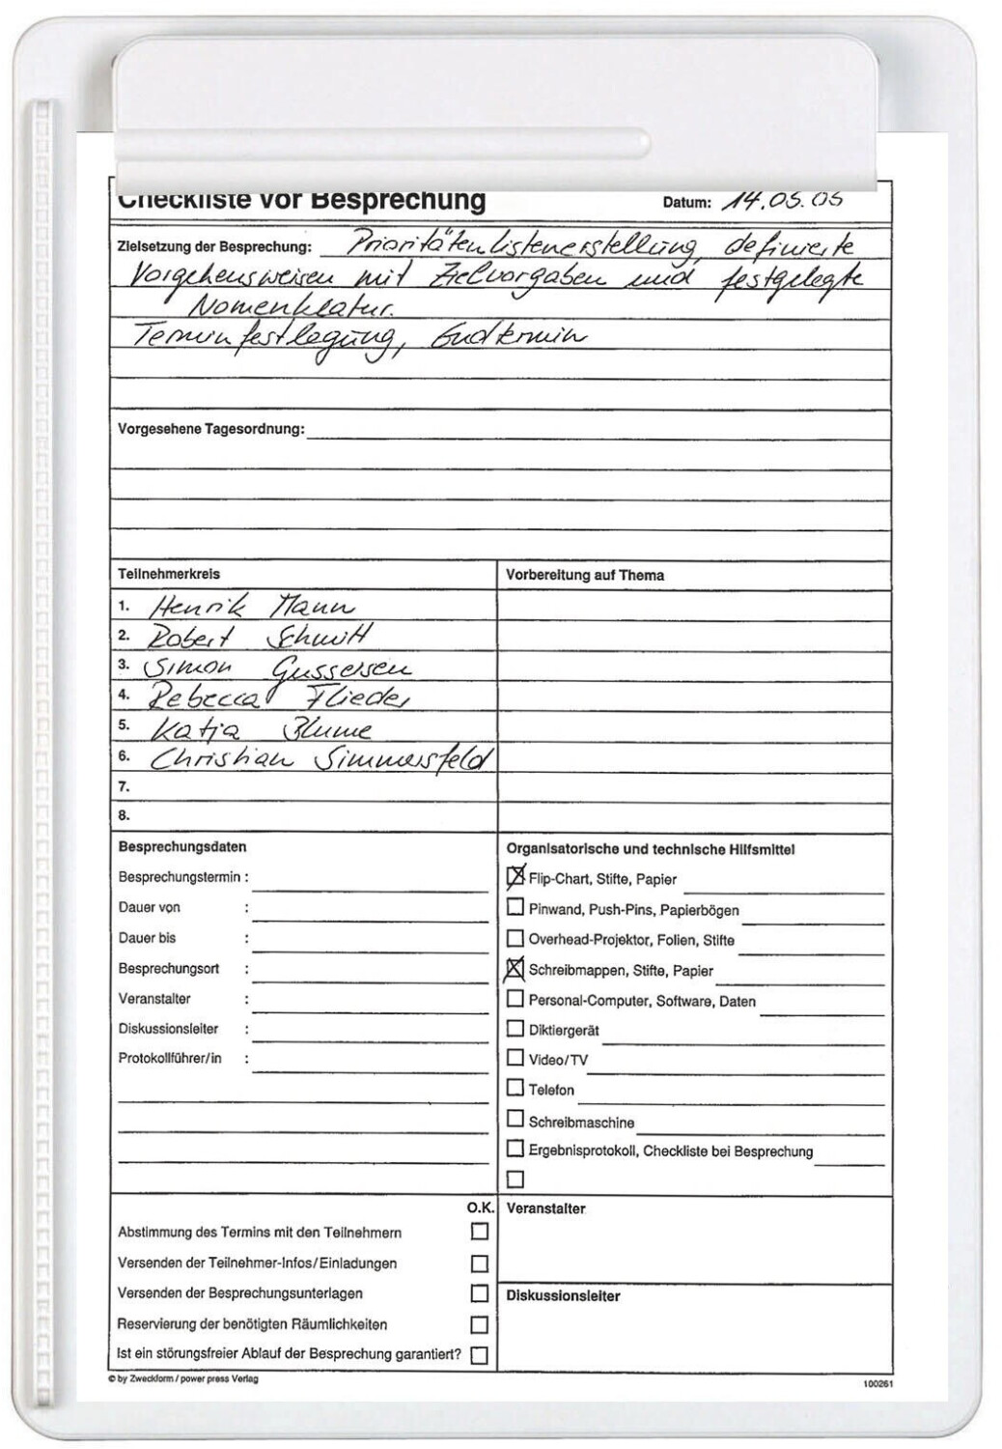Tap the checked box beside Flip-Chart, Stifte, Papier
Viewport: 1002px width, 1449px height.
[x=515, y=877]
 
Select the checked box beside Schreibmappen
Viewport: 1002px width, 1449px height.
[x=515, y=969]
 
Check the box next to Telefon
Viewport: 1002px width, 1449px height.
[x=515, y=1088]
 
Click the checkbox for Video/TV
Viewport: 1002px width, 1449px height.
[x=515, y=1058]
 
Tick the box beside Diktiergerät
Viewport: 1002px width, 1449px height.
[x=515, y=1029]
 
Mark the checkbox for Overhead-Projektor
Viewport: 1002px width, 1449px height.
[x=515, y=938]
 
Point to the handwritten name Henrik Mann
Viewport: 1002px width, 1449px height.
[x=251, y=607]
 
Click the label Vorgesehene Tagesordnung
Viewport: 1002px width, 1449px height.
[x=210, y=429]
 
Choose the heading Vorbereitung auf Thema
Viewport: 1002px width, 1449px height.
[x=585, y=575]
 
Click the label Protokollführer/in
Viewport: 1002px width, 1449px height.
[x=170, y=1058]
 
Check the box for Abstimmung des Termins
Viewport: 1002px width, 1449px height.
[x=479, y=1232]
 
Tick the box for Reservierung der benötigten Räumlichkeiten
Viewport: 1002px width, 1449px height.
[x=479, y=1324]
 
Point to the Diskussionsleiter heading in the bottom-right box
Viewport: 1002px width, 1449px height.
[x=563, y=1295]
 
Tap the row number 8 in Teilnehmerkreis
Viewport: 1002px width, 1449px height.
[x=124, y=814]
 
